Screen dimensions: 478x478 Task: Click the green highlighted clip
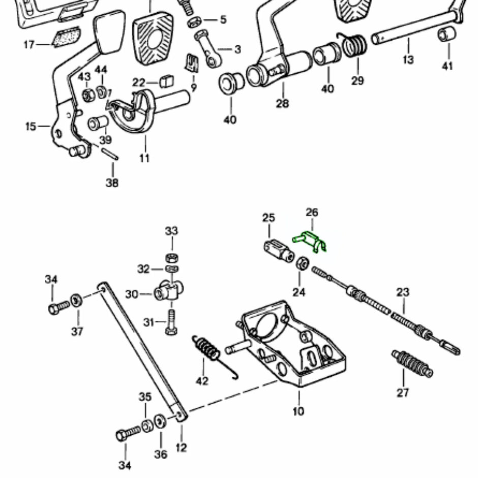pyautogui.click(x=310, y=240)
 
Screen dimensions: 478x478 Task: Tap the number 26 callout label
pyautogui.click(x=312, y=212)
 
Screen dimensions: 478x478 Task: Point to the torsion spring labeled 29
pyautogui.click(x=354, y=46)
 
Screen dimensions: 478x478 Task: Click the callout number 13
pyautogui.click(x=408, y=60)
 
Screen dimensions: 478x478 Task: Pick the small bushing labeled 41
pyautogui.click(x=447, y=35)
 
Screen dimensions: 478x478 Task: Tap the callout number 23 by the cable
pyautogui.click(x=403, y=292)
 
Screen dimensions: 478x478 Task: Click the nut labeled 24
pyautogui.click(x=301, y=263)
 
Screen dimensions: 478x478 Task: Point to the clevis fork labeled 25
pyautogui.click(x=278, y=249)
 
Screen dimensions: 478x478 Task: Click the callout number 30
pyautogui.click(x=132, y=294)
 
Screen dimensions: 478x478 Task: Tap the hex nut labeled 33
pyautogui.click(x=172, y=255)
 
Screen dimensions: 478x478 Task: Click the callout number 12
pyautogui.click(x=181, y=448)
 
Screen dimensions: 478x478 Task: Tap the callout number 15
pyautogui.click(x=31, y=126)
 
